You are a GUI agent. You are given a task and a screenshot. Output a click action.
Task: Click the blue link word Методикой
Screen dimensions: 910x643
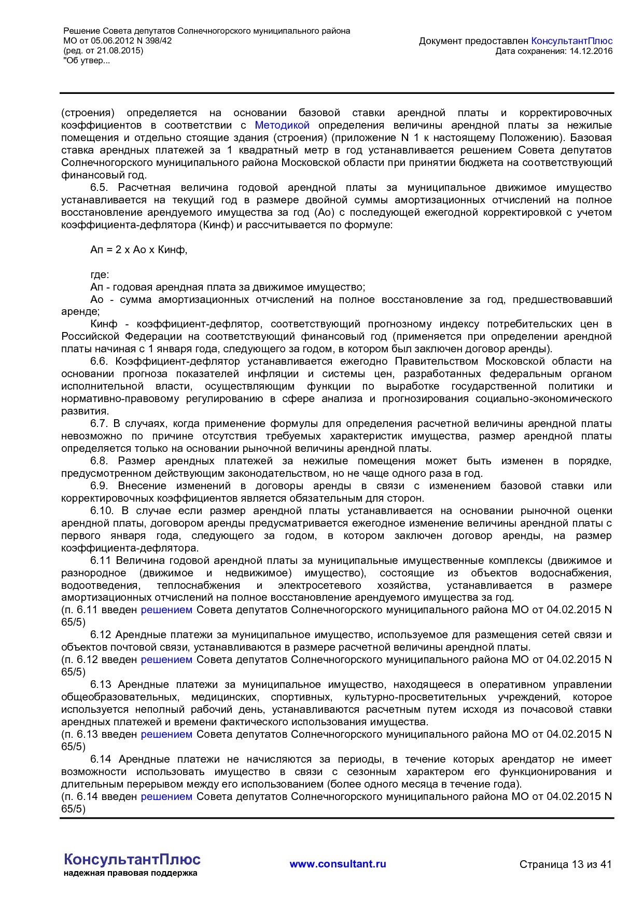coord(282,125)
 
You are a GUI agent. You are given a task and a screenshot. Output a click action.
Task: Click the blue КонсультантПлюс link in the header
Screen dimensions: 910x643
coord(572,41)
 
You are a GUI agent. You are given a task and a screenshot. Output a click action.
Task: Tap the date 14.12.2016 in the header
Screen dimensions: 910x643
coord(591,51)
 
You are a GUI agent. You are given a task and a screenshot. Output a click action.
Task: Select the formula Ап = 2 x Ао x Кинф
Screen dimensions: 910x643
coord(138,250)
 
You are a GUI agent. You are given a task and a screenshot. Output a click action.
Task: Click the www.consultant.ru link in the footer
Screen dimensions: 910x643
coord(338,864)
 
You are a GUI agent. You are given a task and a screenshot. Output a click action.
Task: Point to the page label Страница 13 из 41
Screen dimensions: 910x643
coord(565,864)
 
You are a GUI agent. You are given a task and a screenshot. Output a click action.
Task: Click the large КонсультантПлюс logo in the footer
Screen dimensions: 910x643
coord(132,859)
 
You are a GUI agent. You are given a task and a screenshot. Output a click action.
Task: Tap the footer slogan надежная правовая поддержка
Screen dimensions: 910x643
coord(130,873)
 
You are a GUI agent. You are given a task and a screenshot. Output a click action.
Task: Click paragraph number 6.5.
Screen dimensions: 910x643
coord(99,187)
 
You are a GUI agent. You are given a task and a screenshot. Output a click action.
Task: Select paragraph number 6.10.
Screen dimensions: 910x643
coord(101,511)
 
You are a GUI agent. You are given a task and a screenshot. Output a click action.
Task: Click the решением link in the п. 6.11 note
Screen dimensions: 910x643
coord(166,610)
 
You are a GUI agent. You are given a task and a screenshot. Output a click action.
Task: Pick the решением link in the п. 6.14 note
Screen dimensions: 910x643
coord(166,796)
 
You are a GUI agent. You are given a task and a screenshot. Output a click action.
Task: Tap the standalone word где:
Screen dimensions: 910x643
coord(100,274)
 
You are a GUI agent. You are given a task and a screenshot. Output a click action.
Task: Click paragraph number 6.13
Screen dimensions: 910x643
coord(101,684)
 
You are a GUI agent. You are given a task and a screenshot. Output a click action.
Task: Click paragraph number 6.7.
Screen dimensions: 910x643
coord(99,423)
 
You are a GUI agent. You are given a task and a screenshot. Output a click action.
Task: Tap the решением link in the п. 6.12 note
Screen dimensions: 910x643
coord(166,659)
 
